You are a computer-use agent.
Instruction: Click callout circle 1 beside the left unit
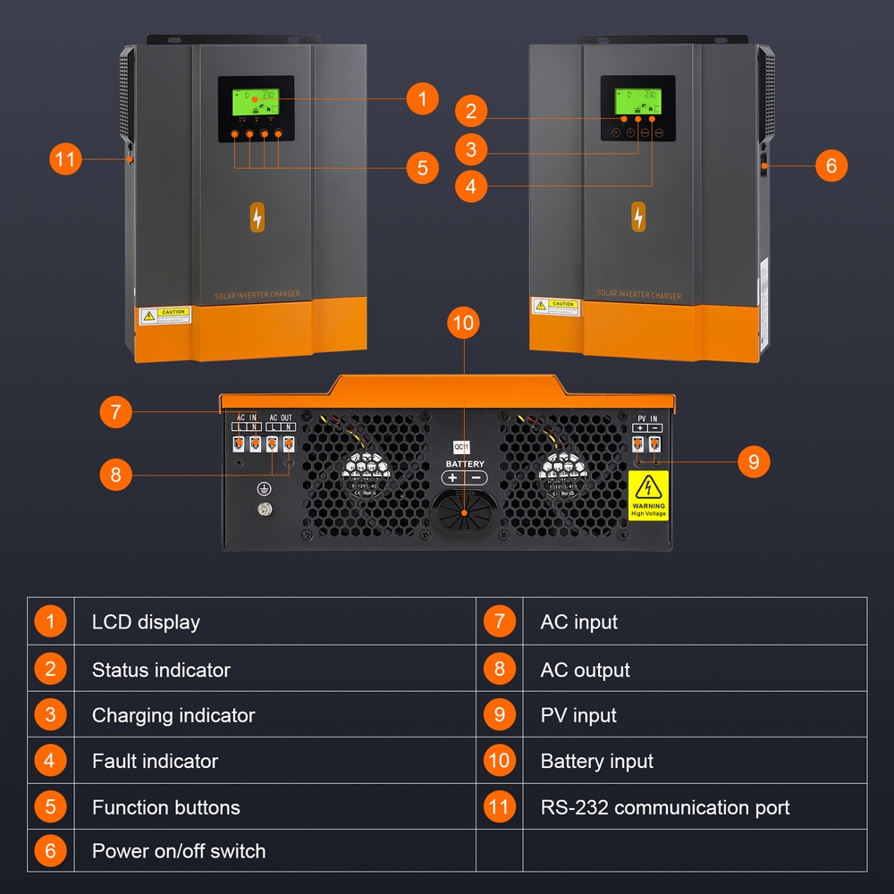click(x=422, y=98)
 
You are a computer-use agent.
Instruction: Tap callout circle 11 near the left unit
click(x=64, y=160)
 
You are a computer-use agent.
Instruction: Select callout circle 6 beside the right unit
click(x=831, y=165)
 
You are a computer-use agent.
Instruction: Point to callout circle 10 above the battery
click(x=463, y=324)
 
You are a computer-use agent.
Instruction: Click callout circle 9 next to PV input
click(x=754, y=461)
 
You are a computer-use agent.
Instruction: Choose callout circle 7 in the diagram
click(x=115, y=412)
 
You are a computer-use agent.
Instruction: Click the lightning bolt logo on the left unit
click(x=257, y=218)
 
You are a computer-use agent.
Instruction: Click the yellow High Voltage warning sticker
click(x=648, y=494)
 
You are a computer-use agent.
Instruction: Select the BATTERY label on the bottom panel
click(x=465, y=464)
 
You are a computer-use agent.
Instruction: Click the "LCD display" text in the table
click(x=146, y=622)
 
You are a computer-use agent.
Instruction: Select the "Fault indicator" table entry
click(x=155, y=762)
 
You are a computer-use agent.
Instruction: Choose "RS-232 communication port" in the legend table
click(x=664, y=808)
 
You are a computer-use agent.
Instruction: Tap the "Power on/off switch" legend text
click(x=179, y=851)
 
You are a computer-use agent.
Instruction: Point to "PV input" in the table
click(x=578, y=715)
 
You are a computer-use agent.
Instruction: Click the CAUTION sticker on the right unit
click(x=555, y=307)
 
